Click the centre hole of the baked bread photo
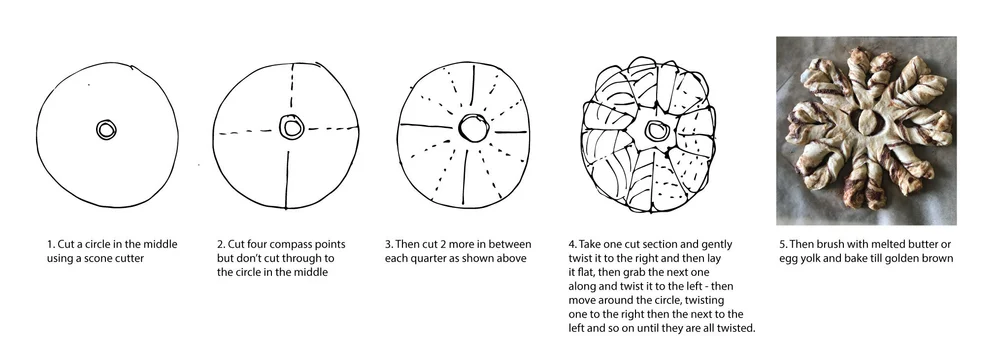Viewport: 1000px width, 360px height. (866, 121)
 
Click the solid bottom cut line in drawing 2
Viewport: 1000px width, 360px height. (287, 179)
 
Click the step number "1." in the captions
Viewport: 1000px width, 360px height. (51, 244)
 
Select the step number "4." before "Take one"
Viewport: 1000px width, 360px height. (572, 244)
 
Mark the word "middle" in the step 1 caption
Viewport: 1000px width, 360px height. (161, 244)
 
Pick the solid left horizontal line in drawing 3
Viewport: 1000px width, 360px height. (425, 126)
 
